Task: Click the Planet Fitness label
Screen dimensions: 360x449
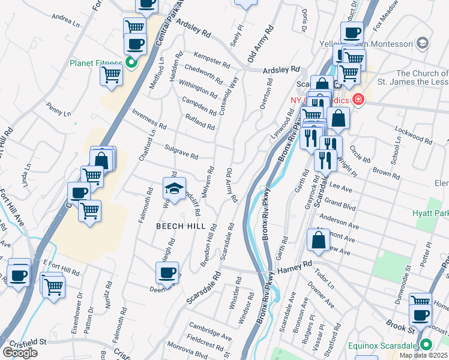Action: [96, 63]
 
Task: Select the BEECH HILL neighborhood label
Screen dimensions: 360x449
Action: [181, 226]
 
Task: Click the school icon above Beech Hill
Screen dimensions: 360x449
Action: [174, 189]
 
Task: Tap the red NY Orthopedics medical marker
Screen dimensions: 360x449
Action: [358, 99]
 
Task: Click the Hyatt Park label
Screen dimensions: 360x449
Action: [430, 213]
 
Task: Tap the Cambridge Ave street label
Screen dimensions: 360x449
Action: [210, 331]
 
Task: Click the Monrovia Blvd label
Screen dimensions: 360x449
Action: [188, 354]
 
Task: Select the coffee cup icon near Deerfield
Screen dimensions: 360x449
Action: [167, 272]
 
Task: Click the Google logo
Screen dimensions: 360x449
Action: [20, 353]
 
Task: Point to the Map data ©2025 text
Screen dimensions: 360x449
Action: [424, 355]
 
